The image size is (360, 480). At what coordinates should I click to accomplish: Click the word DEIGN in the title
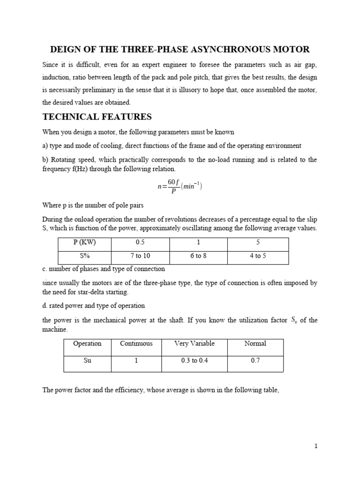click(66, 49)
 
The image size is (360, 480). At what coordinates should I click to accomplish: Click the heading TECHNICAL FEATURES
click(97, 117)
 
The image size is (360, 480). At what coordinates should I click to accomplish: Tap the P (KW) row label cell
click(84, 243)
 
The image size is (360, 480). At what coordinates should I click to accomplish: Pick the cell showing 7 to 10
click(140, 256)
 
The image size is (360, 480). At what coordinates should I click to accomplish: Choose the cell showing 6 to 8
click(198, 256)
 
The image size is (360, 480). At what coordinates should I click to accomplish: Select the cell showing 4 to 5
click(257, 256)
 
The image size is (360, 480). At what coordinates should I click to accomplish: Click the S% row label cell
click(84, 256)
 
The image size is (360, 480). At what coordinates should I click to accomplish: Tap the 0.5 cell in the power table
click(140, 243)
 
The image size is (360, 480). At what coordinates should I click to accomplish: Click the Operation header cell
click(87, 344)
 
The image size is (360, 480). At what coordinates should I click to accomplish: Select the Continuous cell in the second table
click(136, 344)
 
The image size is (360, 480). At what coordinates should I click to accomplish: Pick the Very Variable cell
click(194, 344)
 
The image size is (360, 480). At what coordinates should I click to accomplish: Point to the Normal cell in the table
click(255, 344)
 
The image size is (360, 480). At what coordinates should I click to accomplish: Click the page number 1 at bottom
click(316, 446)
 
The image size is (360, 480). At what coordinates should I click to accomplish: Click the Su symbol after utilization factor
click(293, 321)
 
